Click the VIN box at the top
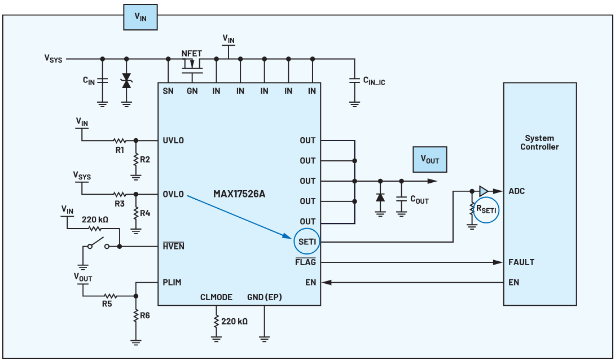tap(140, 17)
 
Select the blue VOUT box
tap(429, 160)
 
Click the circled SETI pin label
tap(307, 242)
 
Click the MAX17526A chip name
tap(239, 194)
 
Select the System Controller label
tap(539, 142)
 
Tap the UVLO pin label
tap(173, 141)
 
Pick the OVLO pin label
tap(173, 194)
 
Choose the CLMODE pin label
tap(217, 297)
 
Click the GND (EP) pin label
tap(264, 297)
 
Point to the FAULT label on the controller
tap(521, 262)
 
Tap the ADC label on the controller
tap(516, 191)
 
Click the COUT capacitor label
tap(419, 199)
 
